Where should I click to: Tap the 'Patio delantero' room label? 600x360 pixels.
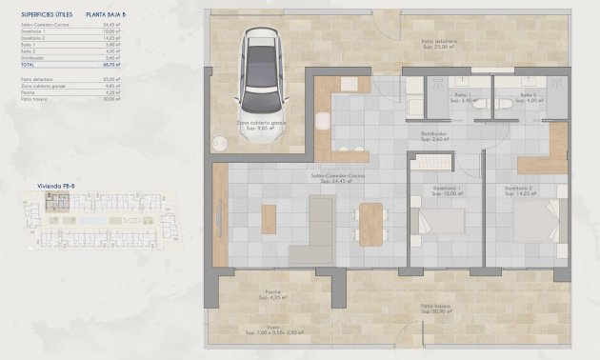438,43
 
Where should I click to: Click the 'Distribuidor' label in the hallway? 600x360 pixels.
434,134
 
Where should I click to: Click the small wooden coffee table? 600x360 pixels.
269,220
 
